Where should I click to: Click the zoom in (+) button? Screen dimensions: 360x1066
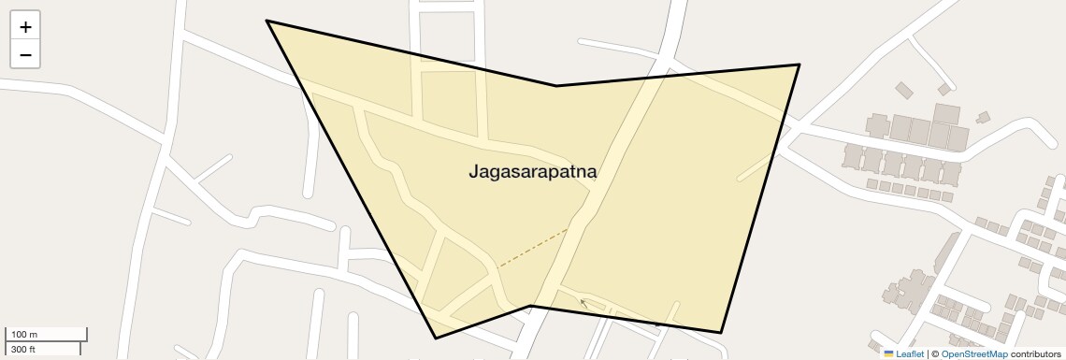point(25,27)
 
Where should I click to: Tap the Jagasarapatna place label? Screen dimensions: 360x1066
point(532,172)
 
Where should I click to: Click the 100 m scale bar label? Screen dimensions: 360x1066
point(24,335)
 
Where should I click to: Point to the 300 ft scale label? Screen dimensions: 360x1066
point(23,349)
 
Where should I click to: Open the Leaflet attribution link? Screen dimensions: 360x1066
point(910,353)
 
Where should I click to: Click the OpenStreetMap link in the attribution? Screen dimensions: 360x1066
point(974,353)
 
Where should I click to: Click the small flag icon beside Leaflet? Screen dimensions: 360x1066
point(888,353)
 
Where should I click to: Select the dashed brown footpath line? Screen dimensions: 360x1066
point(532,249)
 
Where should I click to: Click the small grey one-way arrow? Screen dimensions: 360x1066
point(584,303)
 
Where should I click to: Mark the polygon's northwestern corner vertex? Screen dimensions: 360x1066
point(266,21)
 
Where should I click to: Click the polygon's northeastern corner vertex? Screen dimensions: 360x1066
point(799,65)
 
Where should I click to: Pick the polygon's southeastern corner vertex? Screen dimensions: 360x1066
point(721,332)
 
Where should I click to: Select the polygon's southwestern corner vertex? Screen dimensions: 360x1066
point(436,338)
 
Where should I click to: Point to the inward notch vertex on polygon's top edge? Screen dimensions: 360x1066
point(556,86)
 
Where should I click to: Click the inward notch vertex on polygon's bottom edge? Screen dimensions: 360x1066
point(531,306)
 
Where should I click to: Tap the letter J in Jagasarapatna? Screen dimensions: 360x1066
point(473,173)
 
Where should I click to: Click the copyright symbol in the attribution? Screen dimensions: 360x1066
point(934,353)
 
